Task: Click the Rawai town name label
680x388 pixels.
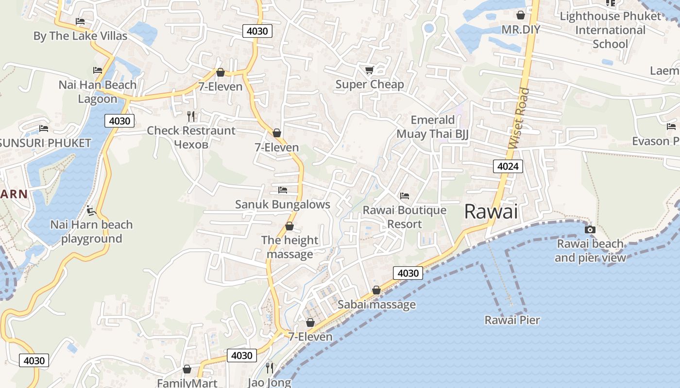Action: [491, 211]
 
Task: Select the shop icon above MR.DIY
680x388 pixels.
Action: [521, 15]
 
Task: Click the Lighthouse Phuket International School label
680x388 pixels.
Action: [610, 30]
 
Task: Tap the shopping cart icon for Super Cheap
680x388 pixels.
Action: [369, 70]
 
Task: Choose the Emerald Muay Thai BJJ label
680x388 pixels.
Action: [432, 127]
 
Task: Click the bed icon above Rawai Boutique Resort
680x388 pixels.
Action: [404, 196]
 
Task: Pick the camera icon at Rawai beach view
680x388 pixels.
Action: [590, 229]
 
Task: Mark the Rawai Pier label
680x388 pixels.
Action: [512, 320]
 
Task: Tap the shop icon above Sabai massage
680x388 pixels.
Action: [376, 290]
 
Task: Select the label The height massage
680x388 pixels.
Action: [290, 247]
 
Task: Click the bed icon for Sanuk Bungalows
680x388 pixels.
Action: [283, 190]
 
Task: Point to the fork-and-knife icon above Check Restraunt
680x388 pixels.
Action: [191, 116]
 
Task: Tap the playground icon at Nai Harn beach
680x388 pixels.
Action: [91, 210]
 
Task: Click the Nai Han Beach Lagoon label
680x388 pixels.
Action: [98, 92]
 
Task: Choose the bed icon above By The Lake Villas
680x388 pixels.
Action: [80, 21]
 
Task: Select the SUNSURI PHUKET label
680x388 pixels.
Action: [45, 143]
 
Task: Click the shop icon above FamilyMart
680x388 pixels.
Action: [187, 370]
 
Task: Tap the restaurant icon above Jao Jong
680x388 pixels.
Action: [270, 368]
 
